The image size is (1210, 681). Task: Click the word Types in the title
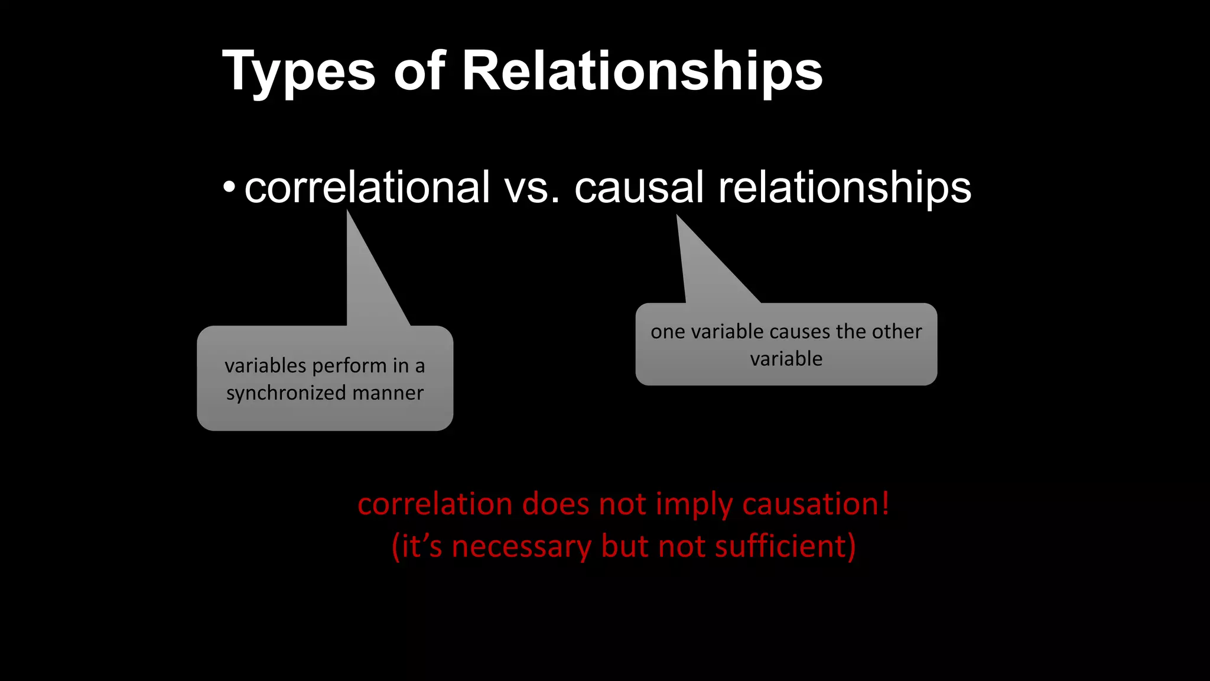(298, 72)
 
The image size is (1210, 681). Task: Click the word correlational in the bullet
(367, 187)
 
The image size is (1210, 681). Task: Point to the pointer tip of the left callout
(347, 212)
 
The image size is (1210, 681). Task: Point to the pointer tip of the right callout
(677, 216)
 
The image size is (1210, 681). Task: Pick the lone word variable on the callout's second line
(786, 359)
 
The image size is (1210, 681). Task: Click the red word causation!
(815, 504)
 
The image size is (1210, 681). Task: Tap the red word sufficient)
(785, 546)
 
